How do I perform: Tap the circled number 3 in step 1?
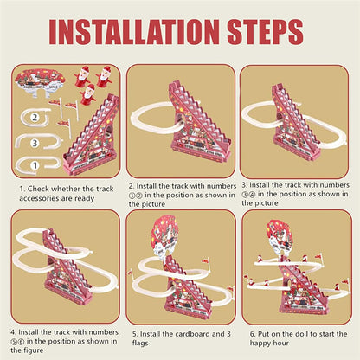pos(34,142)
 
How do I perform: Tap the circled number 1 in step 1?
pos(34,163)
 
